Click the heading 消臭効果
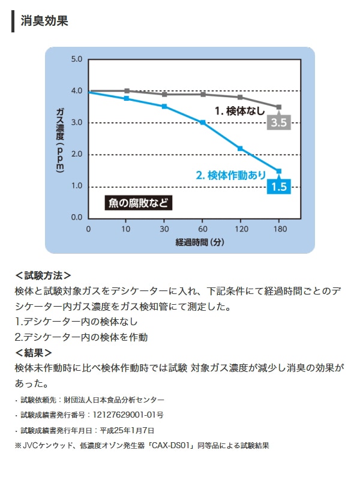pyautogui.click(x=44, y=21)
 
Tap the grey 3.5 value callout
pyautogui.click(x=280, y=123)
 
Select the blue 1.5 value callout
pyautogui.click(x=280, y=187)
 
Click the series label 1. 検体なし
pyautogui.click(x=240, y=110)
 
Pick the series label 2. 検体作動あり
pyautogui.click(x=231, y=175)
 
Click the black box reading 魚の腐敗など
pyautogui.click(x=139, y=203)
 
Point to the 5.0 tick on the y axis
pyautogui.click(x=77, y=59)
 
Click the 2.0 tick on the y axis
pyautogui.click(x=77, y=154)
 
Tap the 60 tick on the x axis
pyautogui.click(x=203, y=229)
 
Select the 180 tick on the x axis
pyautogui.click(x=279, y=229)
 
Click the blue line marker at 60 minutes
pyautogui.click(x=203, y=122)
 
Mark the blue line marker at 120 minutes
pyautogui.click(x=240, y=148)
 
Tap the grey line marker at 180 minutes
pyautogui.click(x=278, y=107)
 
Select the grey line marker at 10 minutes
pyautogui.click(x=127, y=91)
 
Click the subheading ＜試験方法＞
pyautogui.click(x=43, y=275)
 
